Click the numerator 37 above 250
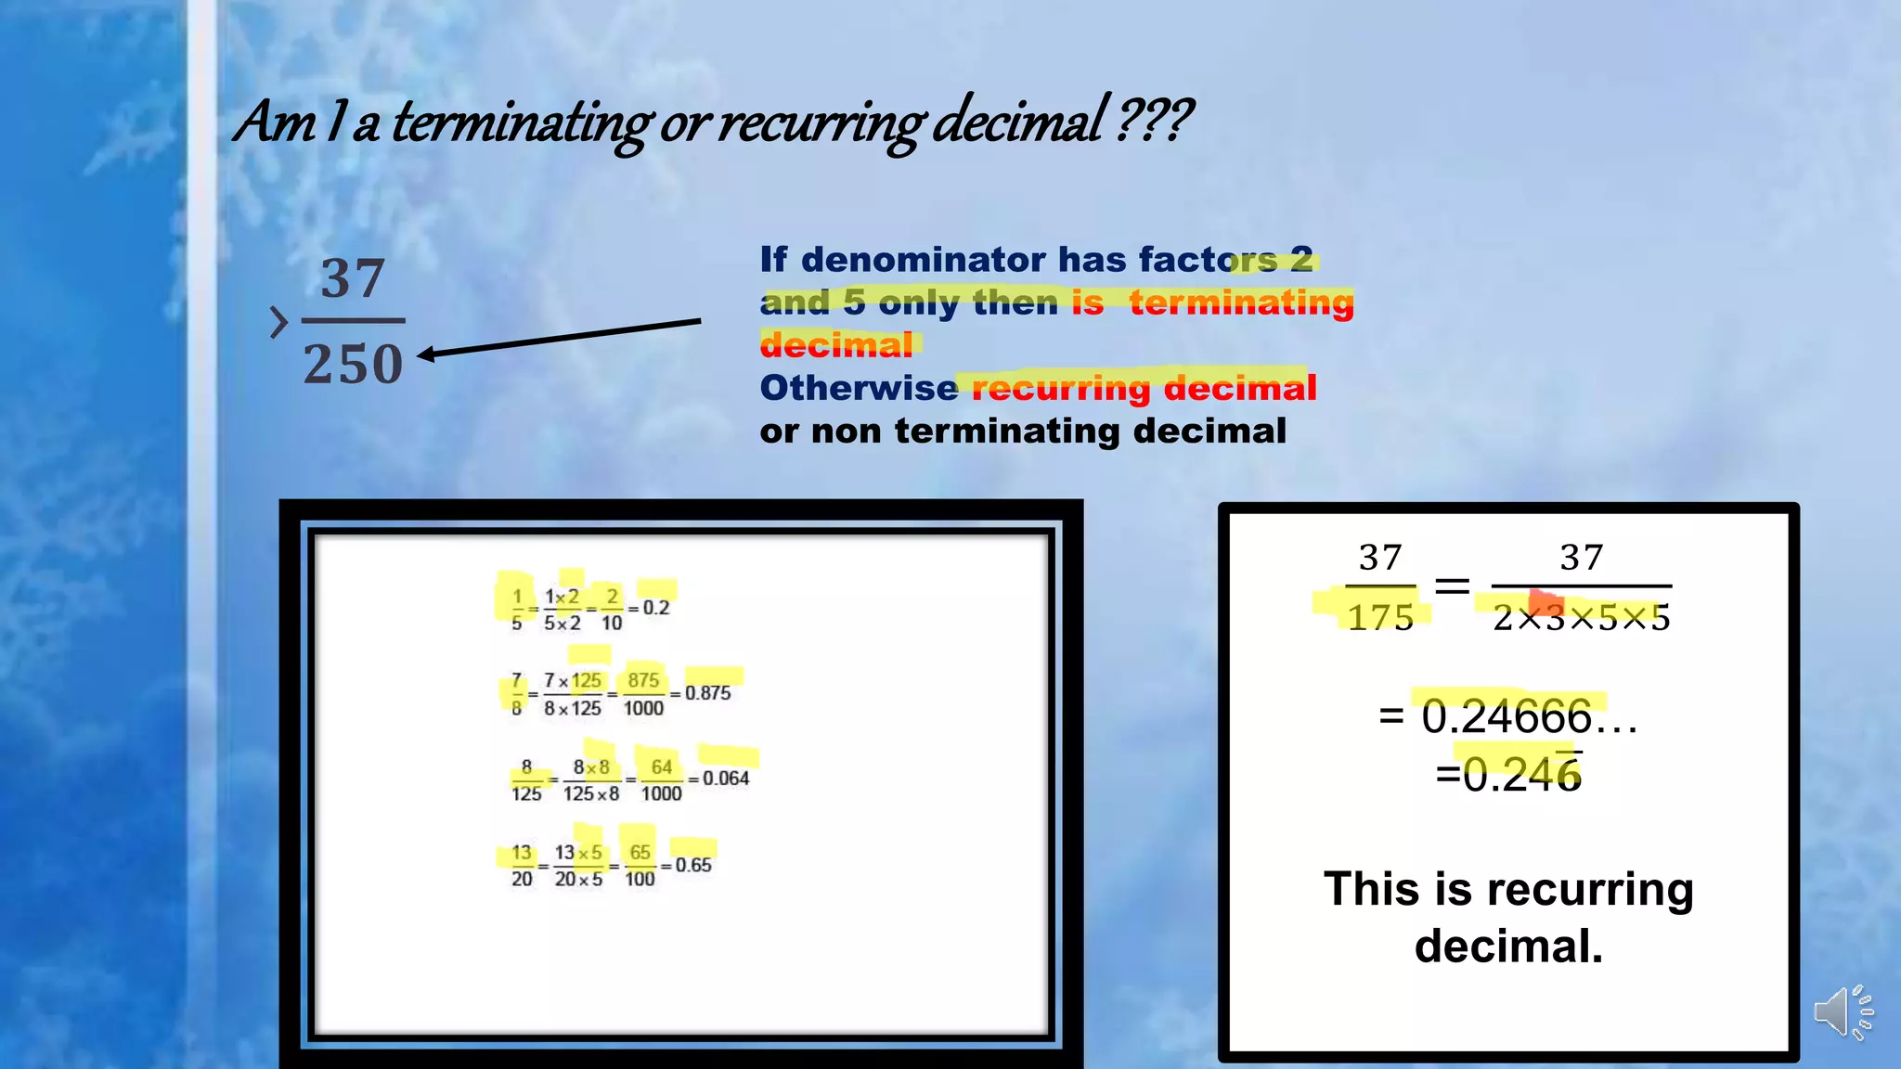point(353,278)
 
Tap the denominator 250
point(353,364)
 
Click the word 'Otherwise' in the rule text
point(858,388)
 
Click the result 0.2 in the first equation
point(655,608)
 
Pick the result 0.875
point(707,693)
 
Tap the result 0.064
point(725,779)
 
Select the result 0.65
point(692,865)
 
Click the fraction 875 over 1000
point(643,694)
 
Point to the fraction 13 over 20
point(522,866)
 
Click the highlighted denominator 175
point(1380,617)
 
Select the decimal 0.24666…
point(1528,717)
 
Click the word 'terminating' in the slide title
point(520,122)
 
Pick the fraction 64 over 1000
point(661,779)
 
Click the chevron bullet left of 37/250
point(278,322)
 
